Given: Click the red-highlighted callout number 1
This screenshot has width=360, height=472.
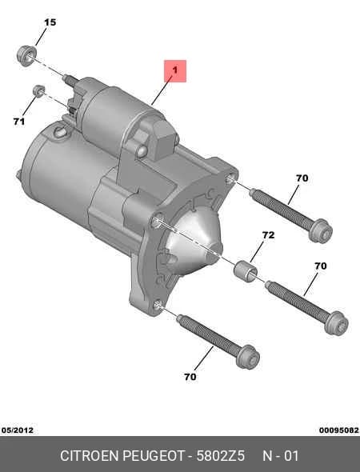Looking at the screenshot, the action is pos(175,70).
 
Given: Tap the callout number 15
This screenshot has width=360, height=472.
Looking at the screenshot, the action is pos(50,22).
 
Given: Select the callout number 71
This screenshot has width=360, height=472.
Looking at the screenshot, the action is pos(18,122).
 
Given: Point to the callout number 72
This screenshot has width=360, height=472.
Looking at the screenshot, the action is pos(268,234).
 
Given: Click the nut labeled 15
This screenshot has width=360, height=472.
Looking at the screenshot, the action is pos(26,55).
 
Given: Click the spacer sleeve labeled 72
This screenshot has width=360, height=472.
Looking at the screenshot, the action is pos(246,271).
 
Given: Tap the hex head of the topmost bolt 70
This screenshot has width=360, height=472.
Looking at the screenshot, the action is pos(321,230).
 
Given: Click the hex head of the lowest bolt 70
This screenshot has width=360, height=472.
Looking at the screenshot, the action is pos(248,357).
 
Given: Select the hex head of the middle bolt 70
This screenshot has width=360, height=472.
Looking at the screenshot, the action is pos(337,323).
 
